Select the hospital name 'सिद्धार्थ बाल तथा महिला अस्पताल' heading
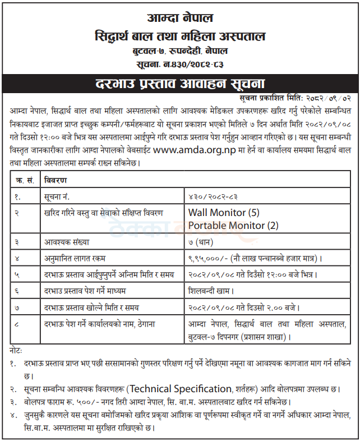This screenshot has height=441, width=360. [x=179, y=37]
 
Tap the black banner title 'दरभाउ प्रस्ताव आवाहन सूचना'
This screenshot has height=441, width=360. [x=179, y=85]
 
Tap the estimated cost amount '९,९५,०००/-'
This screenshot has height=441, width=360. [x=209, y=259]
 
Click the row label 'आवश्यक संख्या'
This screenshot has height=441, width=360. [x=67, y=242]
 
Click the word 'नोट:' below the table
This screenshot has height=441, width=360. [x=17, y=350]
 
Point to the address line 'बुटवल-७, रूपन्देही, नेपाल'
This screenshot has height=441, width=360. [x=179, y=52]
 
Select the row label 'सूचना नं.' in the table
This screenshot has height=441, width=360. [x=59, y=196]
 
